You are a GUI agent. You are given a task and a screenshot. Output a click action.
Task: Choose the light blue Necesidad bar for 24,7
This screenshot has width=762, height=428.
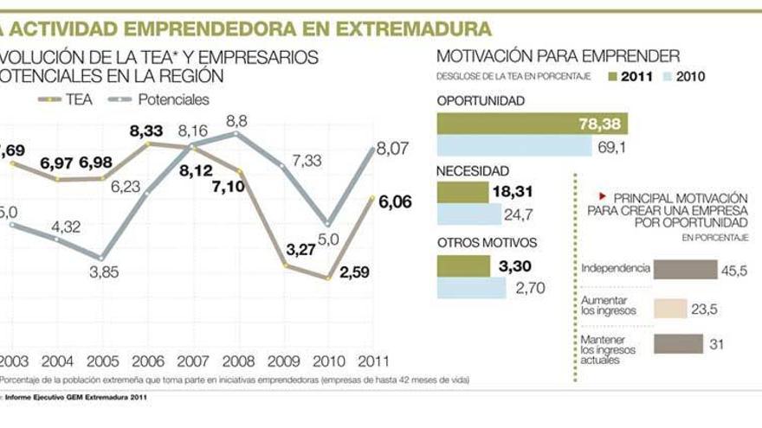[468, 214]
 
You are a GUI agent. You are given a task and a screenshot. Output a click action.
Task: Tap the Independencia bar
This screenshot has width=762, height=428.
[685, 270]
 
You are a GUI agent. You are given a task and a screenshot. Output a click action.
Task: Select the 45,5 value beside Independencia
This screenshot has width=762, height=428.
[734, 271]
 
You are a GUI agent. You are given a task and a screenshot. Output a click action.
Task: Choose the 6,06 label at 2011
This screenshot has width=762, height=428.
[396, 202]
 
